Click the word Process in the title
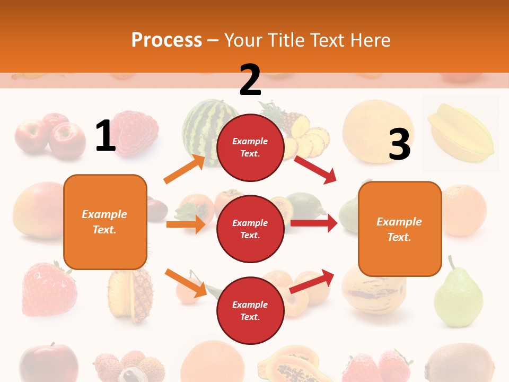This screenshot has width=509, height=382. pos(166,40)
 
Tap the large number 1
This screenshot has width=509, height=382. pos(106,136)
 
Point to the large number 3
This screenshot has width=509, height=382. pos(399,145)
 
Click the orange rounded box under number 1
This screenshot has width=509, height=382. pos(105,222)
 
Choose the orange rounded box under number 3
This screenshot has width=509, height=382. pos(400,229)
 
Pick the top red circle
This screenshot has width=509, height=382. pos(250,147)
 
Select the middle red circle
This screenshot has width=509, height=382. pos(250,229)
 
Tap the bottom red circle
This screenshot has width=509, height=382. pos(250,310)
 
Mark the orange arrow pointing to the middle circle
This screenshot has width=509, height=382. pos(186,224)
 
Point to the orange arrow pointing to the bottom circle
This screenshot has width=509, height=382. pos(186,283)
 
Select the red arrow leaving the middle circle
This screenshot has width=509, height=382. pos(314,223)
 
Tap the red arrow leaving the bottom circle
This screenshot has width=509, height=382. pos(312,281)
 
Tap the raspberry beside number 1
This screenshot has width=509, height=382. pos(137,133)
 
